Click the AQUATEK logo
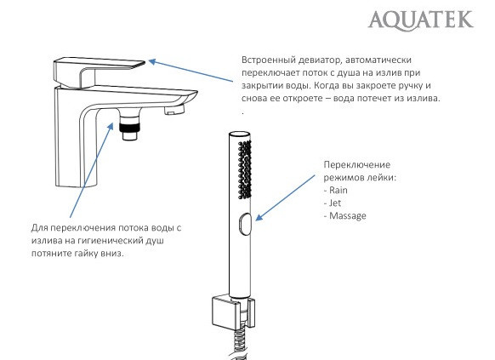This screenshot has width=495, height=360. coord(421,19)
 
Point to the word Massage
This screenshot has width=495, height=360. coord(348,216)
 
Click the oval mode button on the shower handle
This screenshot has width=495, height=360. coord(245,224)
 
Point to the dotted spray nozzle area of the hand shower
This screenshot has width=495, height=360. coord(246,166)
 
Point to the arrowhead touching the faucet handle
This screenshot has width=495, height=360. coord(151,60)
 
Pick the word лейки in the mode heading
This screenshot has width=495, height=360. coord(378,178)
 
